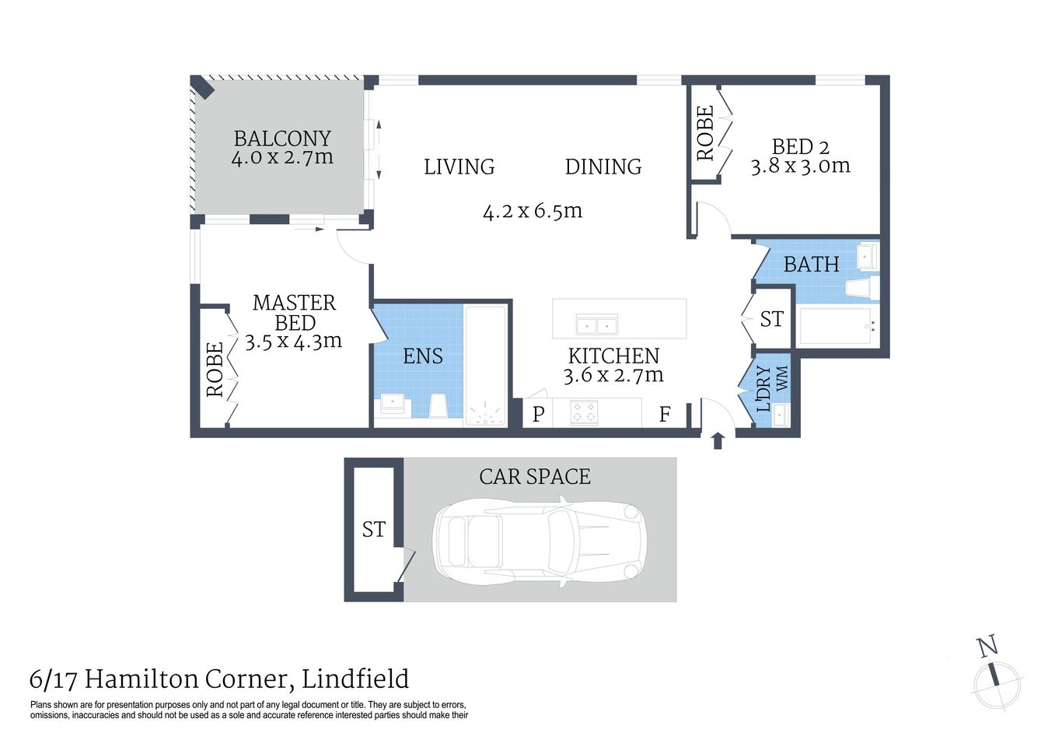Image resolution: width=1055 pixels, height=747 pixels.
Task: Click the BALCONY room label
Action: coord(282,139)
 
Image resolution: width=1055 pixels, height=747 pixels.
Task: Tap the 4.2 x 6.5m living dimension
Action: coord(533,211)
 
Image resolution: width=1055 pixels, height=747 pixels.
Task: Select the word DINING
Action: coord(603,167)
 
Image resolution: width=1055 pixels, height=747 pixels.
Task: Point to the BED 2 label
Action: coord(800,146)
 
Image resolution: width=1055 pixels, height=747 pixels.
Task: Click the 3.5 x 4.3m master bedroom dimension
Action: coord(293,341)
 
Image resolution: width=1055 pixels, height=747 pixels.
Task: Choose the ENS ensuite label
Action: coord(423,356)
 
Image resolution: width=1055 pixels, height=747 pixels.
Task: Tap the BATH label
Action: coord(811,265)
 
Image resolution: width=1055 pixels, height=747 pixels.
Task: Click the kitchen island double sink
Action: coord(596,324)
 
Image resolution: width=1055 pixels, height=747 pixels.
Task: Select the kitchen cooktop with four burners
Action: coord(585,412)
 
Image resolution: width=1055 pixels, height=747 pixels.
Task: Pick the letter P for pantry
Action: coord(538,414)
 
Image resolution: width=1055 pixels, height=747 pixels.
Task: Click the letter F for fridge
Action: coord(665,414)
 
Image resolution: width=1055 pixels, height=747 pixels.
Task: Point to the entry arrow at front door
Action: coord(718,440)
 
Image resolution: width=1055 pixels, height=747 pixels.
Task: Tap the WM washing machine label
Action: coord(782,378)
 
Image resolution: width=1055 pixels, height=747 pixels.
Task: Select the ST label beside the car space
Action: coord(374,529)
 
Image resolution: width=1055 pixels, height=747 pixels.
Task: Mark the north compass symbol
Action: coord(995,677)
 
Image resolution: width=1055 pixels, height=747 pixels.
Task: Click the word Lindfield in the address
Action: coord(355,679)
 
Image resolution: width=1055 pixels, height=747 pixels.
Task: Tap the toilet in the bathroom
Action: coord(861,289)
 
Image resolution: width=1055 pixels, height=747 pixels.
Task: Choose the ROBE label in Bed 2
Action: coord(705,133)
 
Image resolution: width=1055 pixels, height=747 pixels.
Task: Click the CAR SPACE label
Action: coord(535,476)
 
